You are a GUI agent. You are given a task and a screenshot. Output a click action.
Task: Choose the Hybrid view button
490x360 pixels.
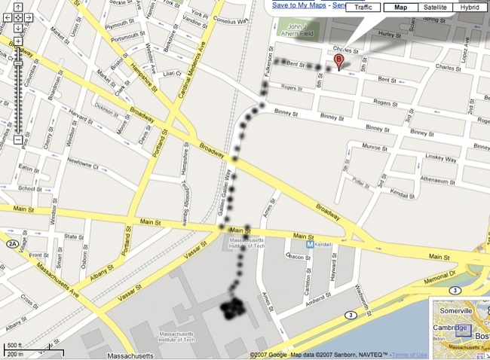click(469, 8)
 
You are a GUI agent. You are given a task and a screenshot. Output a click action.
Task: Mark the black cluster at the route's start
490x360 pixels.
click(234, 310)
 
